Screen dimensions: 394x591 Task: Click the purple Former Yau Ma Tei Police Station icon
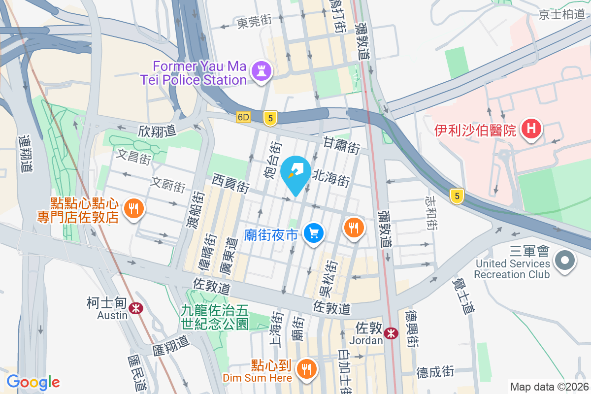[262, 71]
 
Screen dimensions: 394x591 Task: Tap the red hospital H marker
[531, 130]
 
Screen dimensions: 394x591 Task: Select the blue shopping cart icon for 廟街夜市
[313, 233]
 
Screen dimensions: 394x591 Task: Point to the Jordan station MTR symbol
[392, 333]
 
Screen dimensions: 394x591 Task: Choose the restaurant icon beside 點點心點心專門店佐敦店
[132, 208]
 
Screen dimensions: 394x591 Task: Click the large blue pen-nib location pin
[295, 174]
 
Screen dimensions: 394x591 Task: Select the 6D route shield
[243, 118]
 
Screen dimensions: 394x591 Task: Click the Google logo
[33, 382]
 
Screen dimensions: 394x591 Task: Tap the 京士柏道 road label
[562, 14]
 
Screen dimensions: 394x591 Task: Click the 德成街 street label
[435, 371]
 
